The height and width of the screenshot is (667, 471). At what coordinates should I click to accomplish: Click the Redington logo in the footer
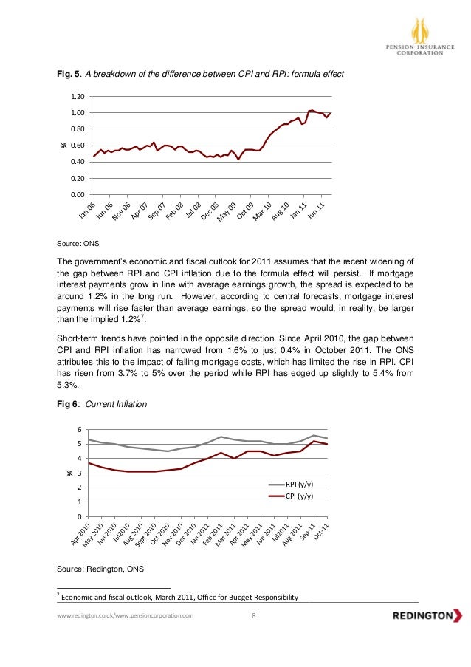(427, 615)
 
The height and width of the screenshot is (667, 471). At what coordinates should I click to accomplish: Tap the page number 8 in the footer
(252, 615)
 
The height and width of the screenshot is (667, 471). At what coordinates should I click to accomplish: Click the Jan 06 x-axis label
(87, 211)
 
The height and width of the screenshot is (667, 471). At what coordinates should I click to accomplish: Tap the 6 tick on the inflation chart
(80, 429)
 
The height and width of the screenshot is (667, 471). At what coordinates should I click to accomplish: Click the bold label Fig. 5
(72, 74)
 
